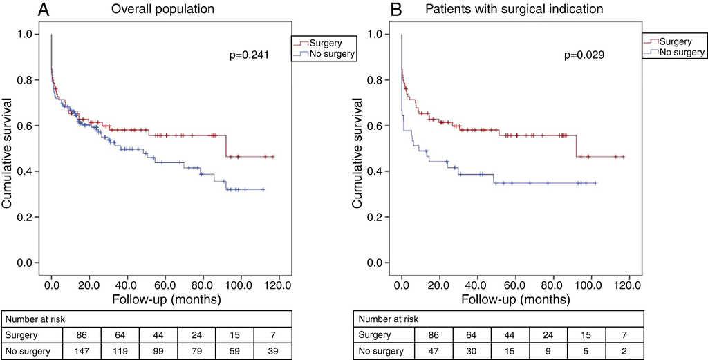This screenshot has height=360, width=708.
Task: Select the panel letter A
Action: [43, 10]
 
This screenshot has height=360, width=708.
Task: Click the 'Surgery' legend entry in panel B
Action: [673, 41]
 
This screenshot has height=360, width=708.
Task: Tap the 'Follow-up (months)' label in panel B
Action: [516, 300]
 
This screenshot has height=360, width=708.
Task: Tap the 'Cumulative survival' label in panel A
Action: [8, 149]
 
